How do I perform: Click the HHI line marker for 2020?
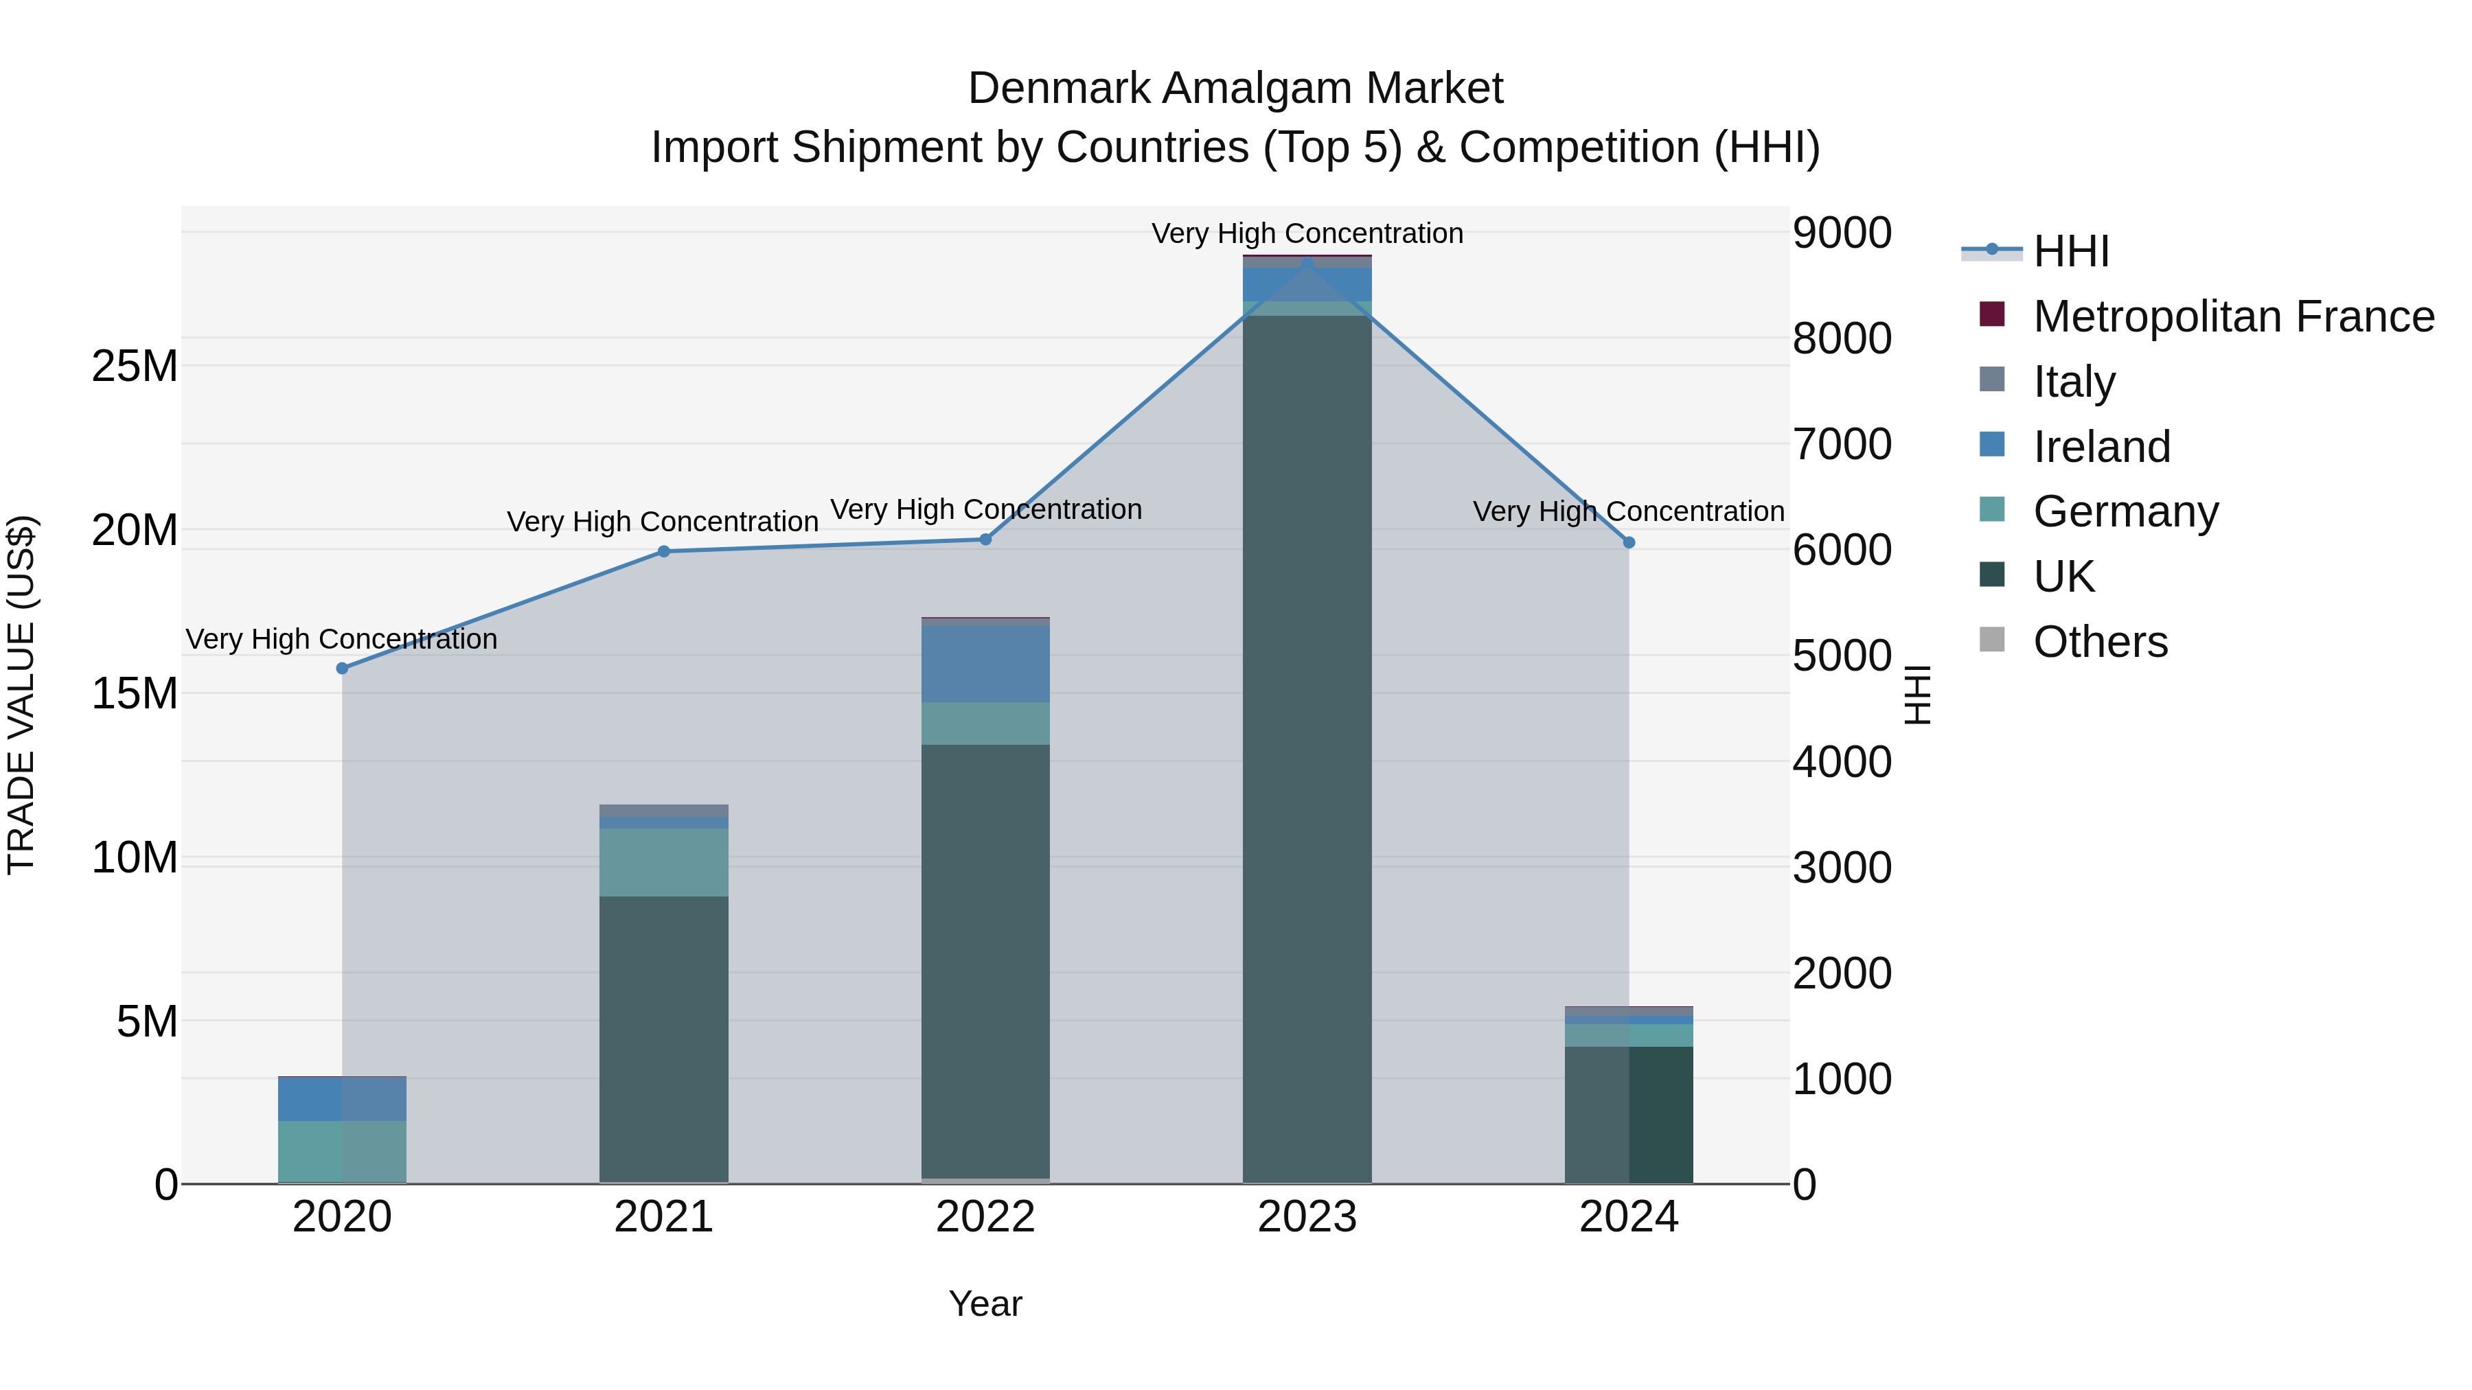point(342,668)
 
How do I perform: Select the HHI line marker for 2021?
point(663,552)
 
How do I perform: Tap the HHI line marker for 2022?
point(985,539)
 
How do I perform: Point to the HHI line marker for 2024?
point(1629,543)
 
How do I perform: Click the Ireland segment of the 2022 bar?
point(985,664)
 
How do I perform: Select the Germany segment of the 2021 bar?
point(663,861)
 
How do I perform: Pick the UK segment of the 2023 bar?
point(1307,748)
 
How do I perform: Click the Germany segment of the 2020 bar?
point(342,1151)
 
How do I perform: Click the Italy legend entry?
point(2074,382)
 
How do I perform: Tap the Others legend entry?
point(2100,642)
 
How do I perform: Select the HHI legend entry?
point(2070,251)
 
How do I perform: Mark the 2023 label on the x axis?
point(1307,1217)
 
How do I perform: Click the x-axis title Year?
point(985,1304)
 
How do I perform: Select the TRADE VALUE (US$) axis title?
point(21,695)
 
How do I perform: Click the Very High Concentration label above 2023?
point(1307,233)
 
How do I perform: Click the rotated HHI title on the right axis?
point(1916,695)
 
